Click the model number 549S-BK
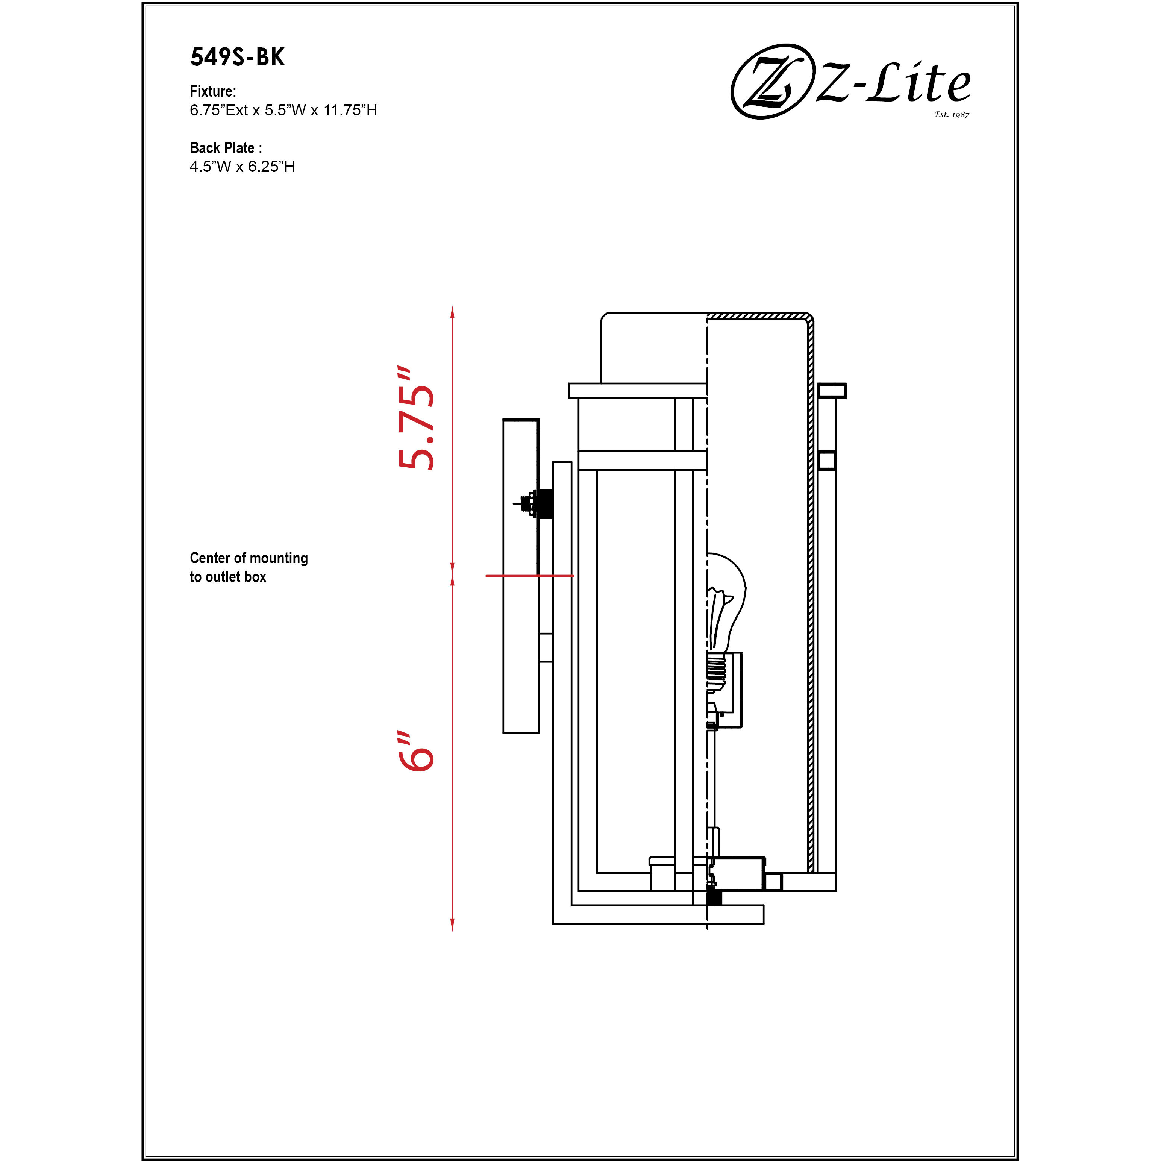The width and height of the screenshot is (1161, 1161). pyautogui.click(x=237, y=57)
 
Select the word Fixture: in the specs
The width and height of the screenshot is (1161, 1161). pyautogui.click(x=213, y=91)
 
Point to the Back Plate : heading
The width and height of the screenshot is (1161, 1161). pyautogui.click(x=225, y=148)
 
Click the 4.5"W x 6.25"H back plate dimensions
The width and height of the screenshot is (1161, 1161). pyautogui.click(x=242, y=167)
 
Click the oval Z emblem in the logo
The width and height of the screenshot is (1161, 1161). pyautogui.click(x=769, y=81)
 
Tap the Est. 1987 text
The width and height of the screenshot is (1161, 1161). pyautogui.click(x=951, y=114)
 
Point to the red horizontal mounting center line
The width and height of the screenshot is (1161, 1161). pyautogui.click(x=529, y=576)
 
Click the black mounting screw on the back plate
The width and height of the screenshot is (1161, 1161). pyautogui.click(x=544, y=503)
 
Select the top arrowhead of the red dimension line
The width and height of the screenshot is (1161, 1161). pyautogui.click(x=453, y=311)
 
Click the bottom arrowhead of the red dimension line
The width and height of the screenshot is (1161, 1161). pyautogui.click(x=453, y=925)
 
